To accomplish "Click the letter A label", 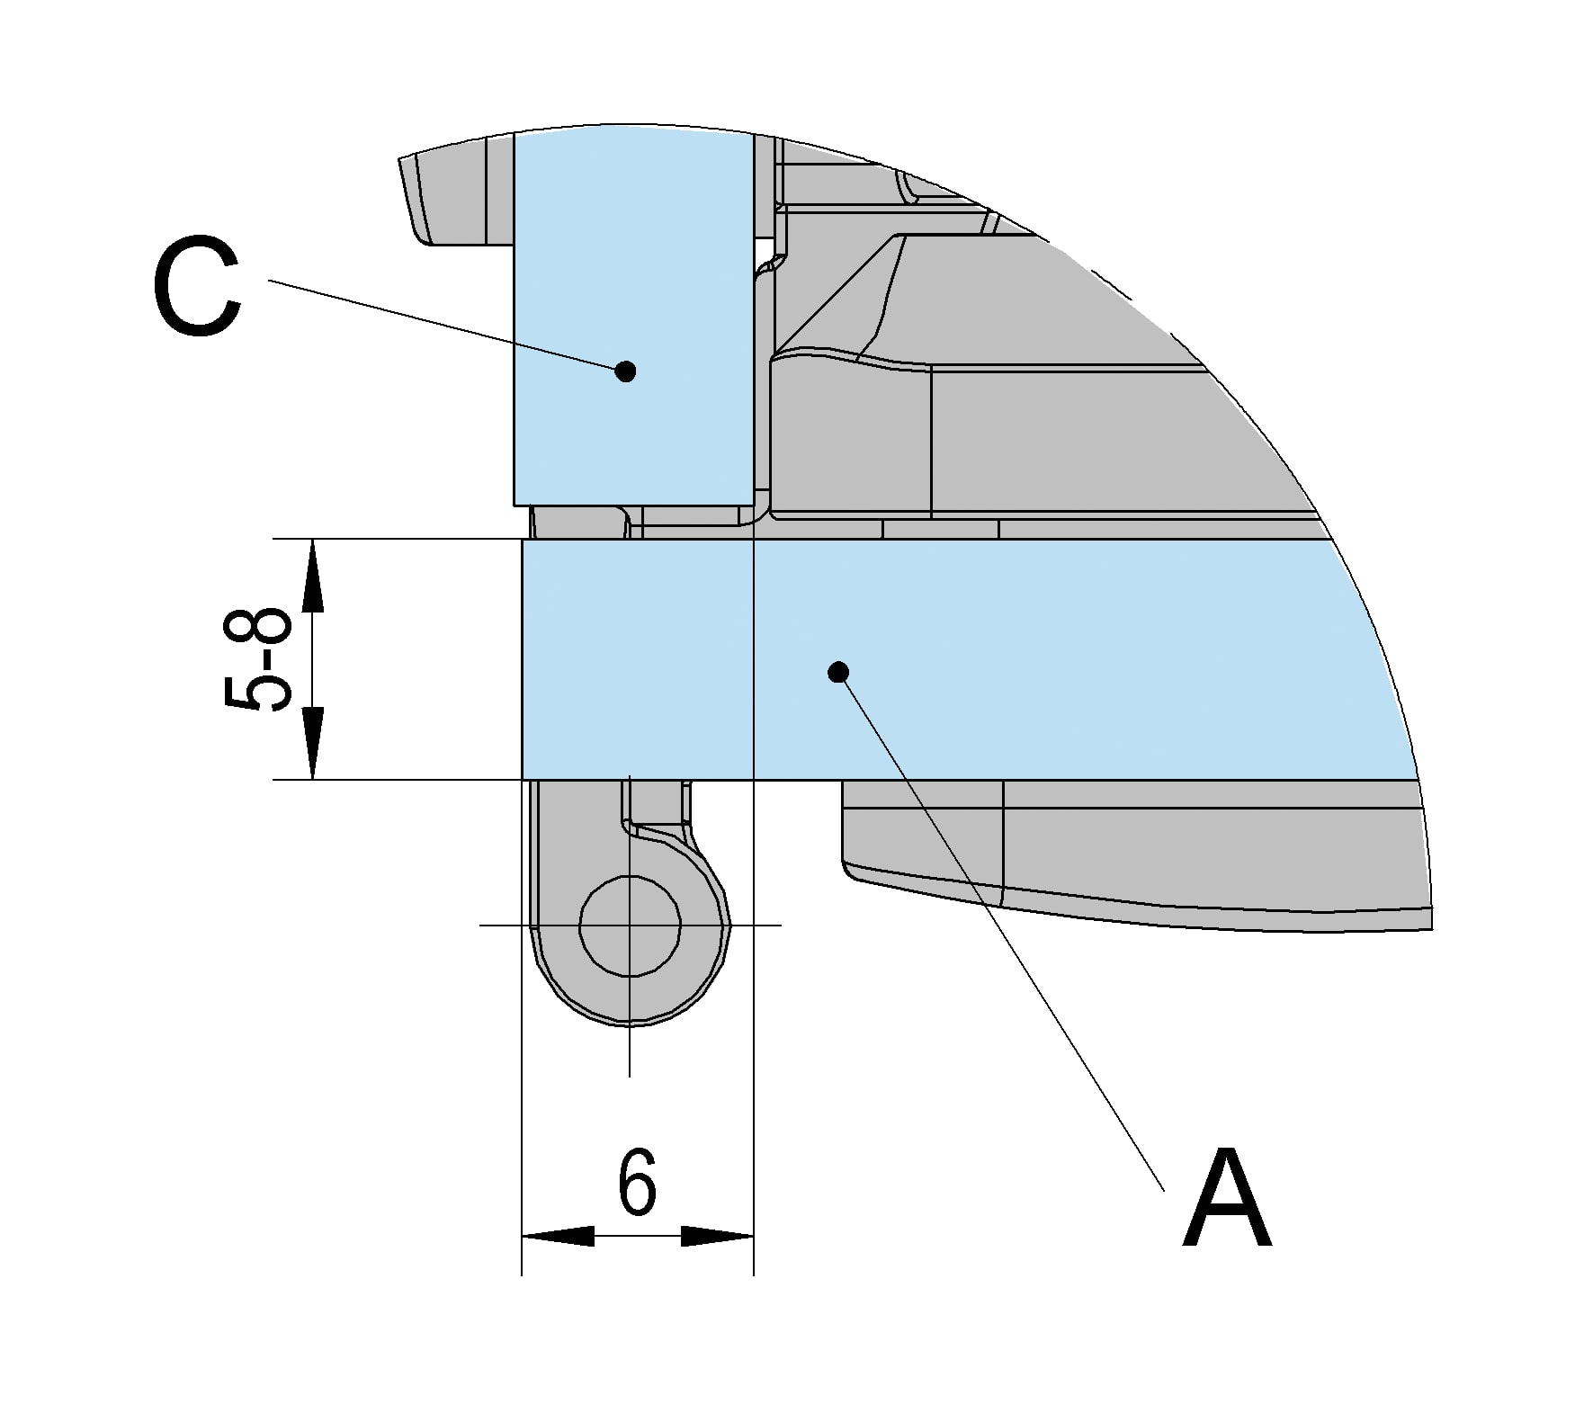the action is point(1227,1198).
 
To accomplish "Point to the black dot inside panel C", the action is point(626,371).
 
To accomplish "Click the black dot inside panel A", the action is point(838,672).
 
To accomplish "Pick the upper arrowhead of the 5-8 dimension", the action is point(312,576).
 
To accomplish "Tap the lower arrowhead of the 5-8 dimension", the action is point(312,743).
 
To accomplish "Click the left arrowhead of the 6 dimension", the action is point(558,1236).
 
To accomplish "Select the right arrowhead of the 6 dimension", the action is point(717,1236).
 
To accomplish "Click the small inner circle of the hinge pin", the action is point(630,925).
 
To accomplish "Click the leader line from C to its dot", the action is point(447,325).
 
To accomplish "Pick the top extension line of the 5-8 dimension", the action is point(398,539).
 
